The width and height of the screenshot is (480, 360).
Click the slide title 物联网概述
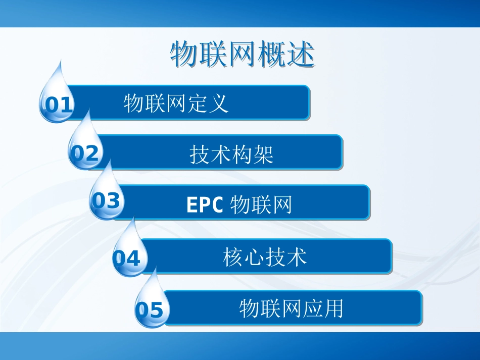pyautogui.click(x=242, y=54)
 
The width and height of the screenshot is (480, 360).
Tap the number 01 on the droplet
pyautogui.click(x=59, y=105)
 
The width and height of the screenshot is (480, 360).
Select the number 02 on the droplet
pyautogui.click(x=84, y=153)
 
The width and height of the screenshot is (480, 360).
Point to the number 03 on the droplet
pyautogui.click(x=106, y=201)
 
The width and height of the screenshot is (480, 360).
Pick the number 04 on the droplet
pyautogui.click(x=126, y=259)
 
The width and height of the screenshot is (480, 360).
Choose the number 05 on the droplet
pyautogui.click(x=150, y=310)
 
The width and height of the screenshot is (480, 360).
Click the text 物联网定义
pyautogui.click(x=176, y=103)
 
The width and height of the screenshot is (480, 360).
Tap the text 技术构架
pyautogui.click(x=231, y=154)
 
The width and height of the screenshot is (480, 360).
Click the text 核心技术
pyautogui.click(x=265, y=257)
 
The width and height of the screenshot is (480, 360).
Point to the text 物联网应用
pyautogui.click(x=291, y=308)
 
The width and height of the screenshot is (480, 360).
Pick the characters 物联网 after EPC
pyautogui.click(x=261, y=205)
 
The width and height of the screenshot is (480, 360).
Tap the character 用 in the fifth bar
pyautogui.click(x=333, y=308)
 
